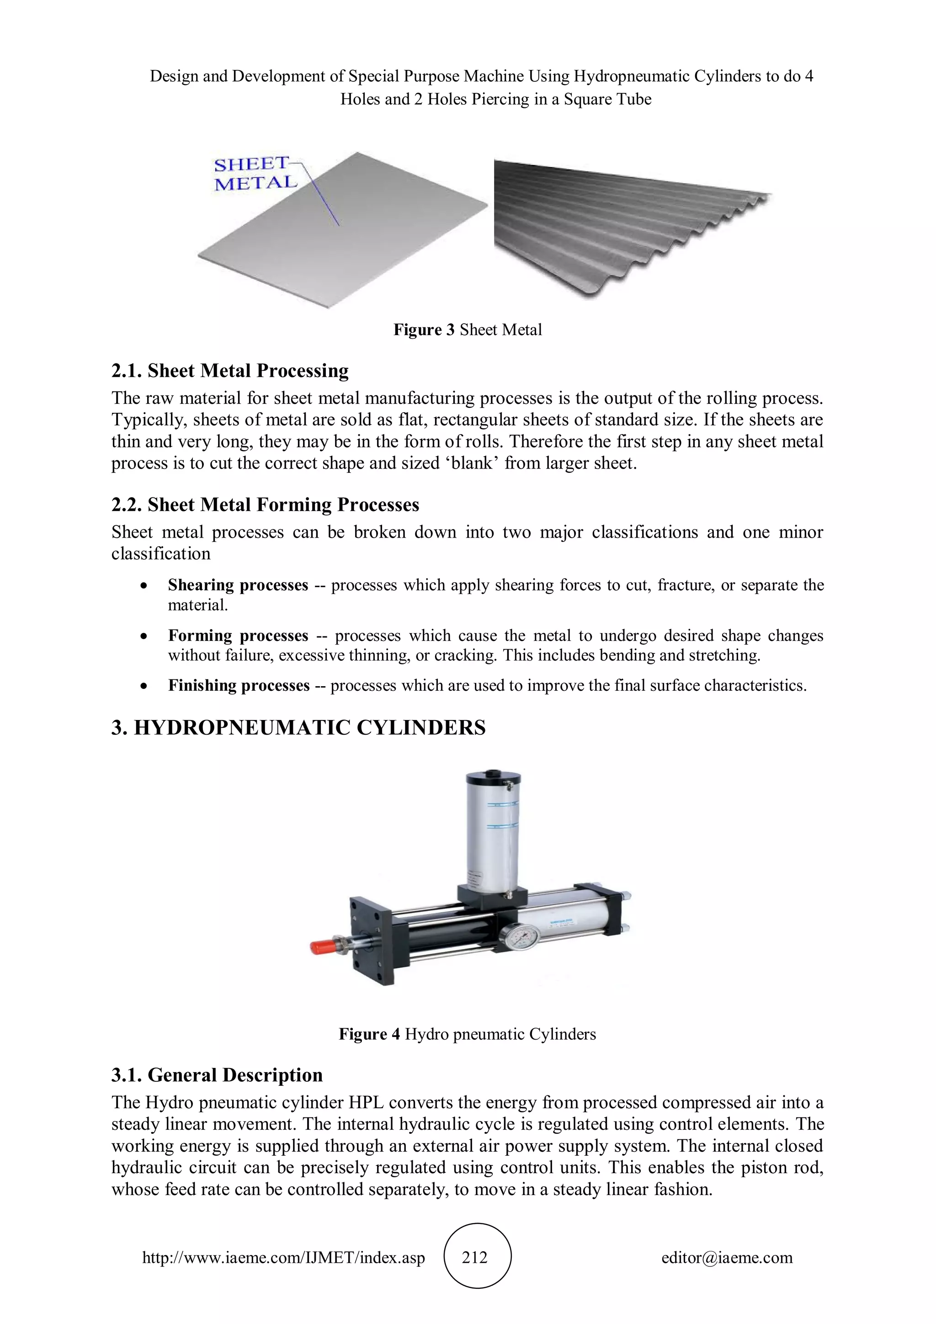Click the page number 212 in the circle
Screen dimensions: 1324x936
coord(475,1258)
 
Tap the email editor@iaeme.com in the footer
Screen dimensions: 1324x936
coord(727,1258)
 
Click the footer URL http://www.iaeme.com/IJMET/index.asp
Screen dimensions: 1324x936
coord(283,1258)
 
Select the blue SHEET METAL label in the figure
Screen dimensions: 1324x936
coord(255,174)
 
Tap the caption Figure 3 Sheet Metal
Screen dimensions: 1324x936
coord(468,330)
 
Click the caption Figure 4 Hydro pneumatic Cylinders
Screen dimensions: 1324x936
coord(468,1034)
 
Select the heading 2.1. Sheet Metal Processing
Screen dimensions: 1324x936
coord(230,371)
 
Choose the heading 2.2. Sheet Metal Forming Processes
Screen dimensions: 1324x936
coord(265,505)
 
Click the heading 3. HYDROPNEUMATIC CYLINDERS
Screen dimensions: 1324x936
coord(298,728)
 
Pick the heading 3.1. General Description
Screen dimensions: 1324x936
coord(217,1075)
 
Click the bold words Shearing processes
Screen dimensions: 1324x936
coord(238,585)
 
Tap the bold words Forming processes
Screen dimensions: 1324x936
coord(238,635)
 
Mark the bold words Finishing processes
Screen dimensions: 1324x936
coord(239,686)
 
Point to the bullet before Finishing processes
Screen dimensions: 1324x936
coord(144,686)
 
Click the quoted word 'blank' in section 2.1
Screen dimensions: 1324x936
coord(472,464)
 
